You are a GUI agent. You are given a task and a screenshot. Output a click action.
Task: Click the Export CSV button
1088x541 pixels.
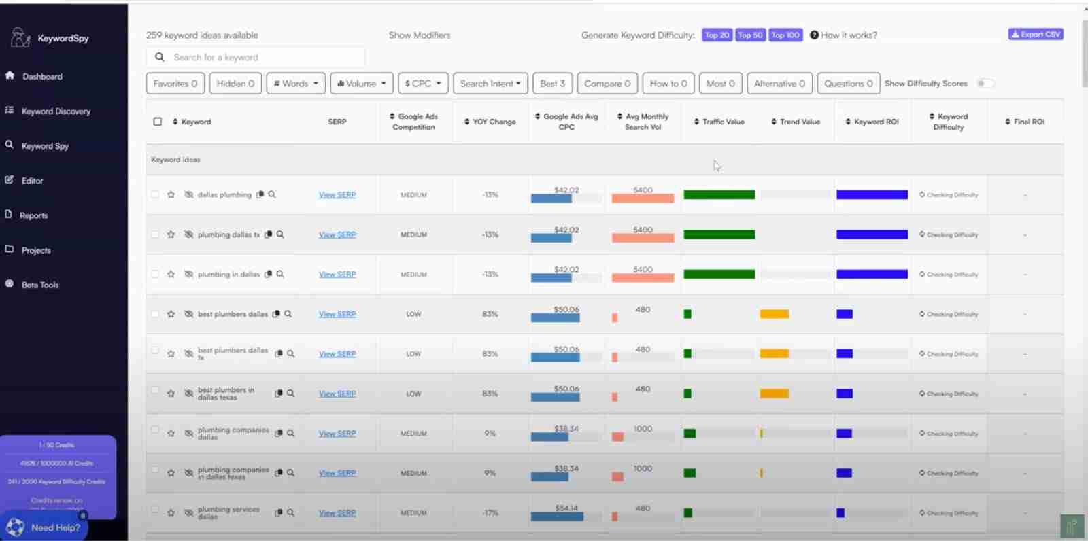coord(1036,35)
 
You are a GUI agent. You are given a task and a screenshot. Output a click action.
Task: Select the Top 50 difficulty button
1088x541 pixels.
coord(750,35)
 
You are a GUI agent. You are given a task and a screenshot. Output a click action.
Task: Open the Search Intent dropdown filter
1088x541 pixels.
coord(490,84)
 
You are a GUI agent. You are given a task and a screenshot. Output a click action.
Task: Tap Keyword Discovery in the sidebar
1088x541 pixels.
coord(56,111)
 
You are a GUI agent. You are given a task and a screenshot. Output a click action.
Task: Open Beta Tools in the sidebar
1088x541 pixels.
coord(40,285)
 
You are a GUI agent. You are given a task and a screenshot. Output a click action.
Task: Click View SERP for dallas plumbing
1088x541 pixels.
coord(337,195)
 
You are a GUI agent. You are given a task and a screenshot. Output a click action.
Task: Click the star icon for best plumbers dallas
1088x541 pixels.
coord(171,315)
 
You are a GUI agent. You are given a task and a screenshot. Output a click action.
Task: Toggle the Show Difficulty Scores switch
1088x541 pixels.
coord(985,84)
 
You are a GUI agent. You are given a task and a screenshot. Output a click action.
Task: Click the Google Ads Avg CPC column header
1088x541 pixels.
coord(570,122)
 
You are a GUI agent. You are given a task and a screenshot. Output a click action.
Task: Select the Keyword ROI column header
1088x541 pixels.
coord(876,122)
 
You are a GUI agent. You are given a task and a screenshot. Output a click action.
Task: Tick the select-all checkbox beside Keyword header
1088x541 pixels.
coord(158,122)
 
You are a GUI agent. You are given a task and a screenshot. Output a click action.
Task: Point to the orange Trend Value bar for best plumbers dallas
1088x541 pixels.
coord(774,314)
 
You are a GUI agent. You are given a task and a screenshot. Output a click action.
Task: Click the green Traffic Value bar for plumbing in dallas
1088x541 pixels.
coord(719,275)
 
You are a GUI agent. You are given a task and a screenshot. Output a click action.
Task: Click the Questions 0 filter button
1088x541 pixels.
coord(848,84)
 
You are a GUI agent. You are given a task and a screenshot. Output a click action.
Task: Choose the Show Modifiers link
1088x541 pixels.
coord(420,35)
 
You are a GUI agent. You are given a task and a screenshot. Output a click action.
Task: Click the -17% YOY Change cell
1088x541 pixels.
coord(490,513)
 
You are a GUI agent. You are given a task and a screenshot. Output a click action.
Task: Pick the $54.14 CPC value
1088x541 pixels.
coord(566,508)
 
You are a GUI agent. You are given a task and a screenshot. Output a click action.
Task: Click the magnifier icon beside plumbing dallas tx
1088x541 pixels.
coord(280,234)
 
